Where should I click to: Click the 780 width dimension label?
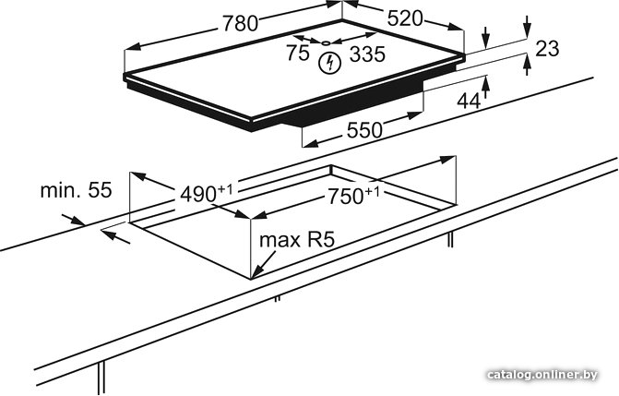pyautogui.click(x=240, y=23)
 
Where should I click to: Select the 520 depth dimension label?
pyautogui.click(x=405, y=18)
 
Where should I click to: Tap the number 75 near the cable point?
pyautogui.click(x=298, y=53)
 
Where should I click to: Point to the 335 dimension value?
pyautogui.click(x=367, y=54)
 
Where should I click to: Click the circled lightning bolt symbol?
pyautogui.click(x=329, y=63)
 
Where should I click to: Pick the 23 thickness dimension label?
pyautogui.click(x=547, y=49)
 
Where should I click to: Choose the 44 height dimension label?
pyautogui.click(x=469, y=102)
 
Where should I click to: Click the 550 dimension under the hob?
pyautogui.click(x=364, y=130)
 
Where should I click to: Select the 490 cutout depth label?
pyautogui.click(x=207, y=193)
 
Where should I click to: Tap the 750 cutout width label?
pyautogui.click(x=353, y=196)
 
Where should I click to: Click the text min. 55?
pyautogui.click(x=77, y=190)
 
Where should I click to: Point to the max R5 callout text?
pyautogui.click(x=297, y=239)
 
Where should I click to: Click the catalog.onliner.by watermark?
pyautogui.click(x=542, y=374)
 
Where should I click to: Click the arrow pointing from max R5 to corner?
pyautogui.click(x=264, y=264)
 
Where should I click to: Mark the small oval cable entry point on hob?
pyautogui.click(x=327, y=42)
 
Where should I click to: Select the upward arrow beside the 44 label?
pyautogui.click(x=485, y=88)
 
